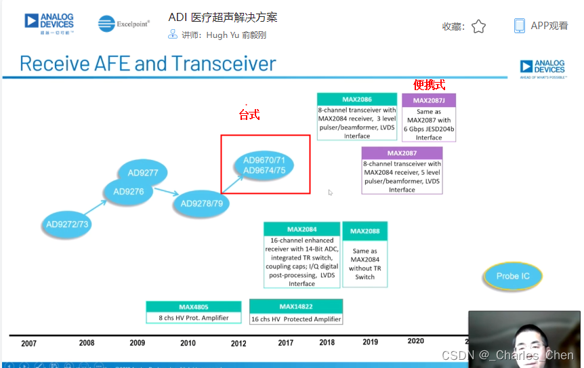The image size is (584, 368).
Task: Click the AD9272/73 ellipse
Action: tap(67, 224)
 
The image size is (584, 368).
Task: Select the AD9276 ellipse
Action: tap(129, 192)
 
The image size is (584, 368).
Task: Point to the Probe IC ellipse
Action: tap(512, 277)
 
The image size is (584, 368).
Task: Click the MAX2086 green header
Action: tap(356, 99)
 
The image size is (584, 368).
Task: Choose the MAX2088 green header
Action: tap(364, 231)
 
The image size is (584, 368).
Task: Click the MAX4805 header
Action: tap(194, 306)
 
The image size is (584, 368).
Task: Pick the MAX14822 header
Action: tap(295, 306)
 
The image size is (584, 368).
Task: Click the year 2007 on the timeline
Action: tap(28, 343)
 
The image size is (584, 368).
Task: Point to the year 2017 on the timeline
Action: tap(286, 343)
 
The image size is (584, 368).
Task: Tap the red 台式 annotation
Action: tap(249, 115)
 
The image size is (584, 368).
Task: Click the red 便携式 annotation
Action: tap(429, 85)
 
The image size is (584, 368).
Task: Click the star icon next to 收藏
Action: tap(478, 26)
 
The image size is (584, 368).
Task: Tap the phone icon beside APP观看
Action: tap(520, 26)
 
